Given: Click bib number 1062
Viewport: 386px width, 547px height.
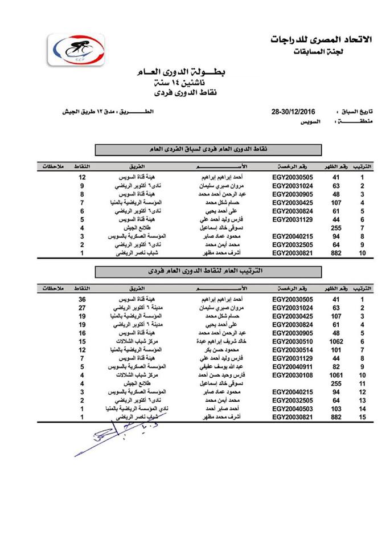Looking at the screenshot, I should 335,341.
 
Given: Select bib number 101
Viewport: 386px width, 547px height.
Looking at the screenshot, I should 335,349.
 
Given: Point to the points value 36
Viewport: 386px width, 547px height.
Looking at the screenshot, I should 82,299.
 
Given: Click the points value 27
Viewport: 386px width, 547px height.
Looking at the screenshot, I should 82,307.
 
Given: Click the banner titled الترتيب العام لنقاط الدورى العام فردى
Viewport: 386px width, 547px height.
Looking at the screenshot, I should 208,272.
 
